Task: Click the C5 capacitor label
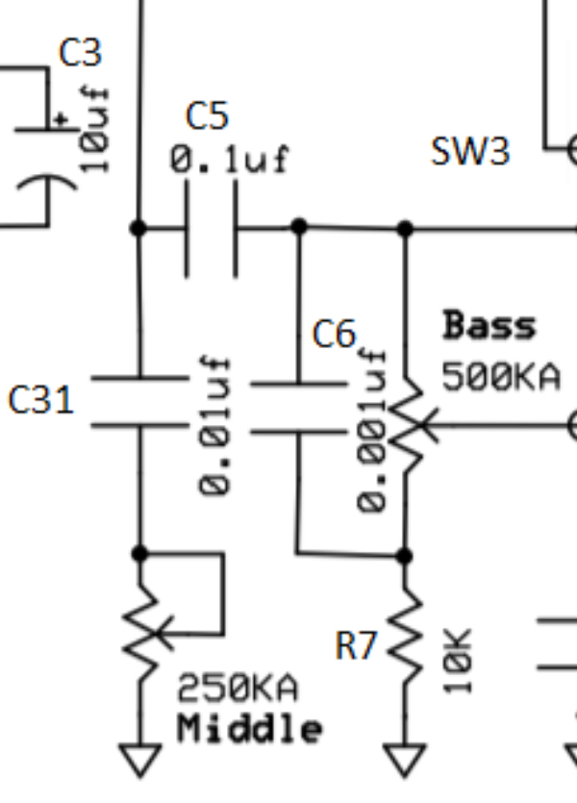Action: [207, 116]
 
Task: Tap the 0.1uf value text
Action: [229, 159]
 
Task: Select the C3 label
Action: [80, 52]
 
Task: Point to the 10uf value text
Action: [95, 129]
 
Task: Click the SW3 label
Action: [470, 151]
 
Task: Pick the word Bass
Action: [489, 327]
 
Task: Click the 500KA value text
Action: [500, 377]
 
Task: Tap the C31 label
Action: [40, 399]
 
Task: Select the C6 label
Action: [334, 335]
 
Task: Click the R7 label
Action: [356, 647]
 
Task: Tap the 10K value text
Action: [460, 661]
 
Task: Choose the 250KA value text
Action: [238, 689]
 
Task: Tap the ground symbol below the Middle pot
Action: [140, 760]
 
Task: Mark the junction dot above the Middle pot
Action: [140, 553]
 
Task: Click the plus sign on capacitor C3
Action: [63, 119]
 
